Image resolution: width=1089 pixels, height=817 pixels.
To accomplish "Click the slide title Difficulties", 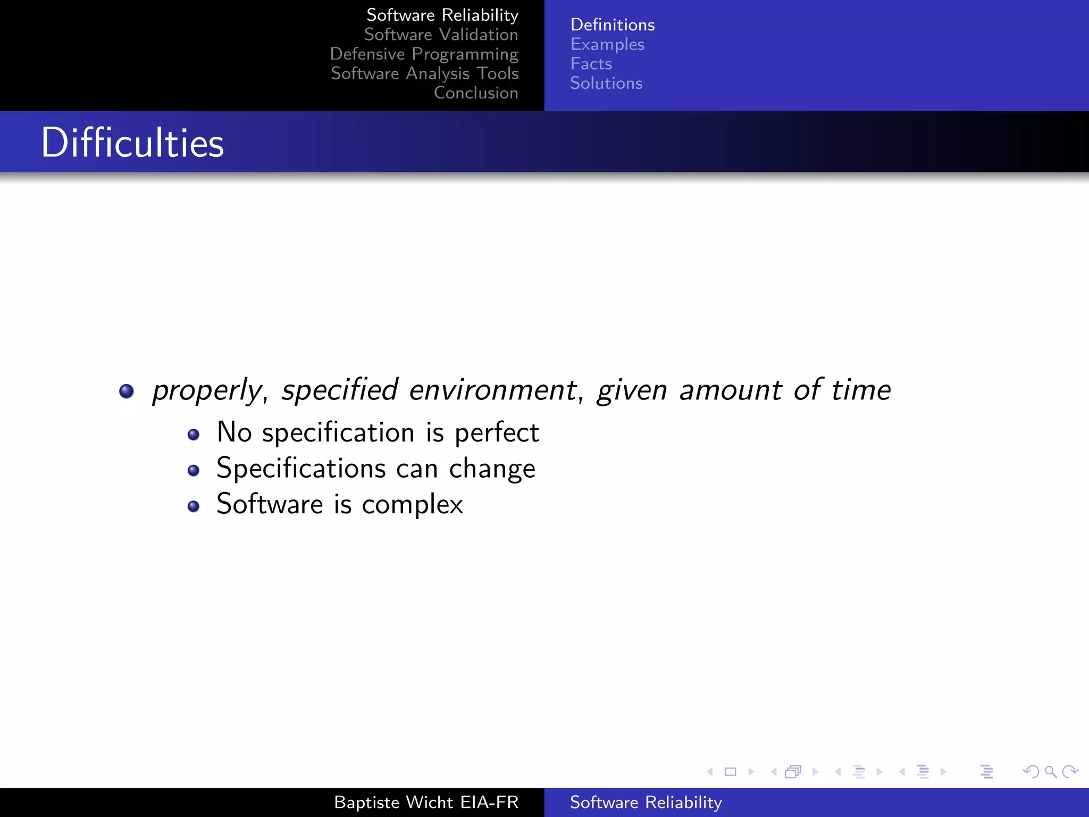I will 132,143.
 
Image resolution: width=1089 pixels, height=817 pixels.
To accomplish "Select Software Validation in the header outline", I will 441,35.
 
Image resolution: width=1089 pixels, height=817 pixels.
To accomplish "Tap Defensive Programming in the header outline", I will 424,54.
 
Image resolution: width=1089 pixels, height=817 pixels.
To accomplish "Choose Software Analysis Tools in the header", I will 424,73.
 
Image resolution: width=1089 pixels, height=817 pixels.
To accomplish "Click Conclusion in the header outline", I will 475,93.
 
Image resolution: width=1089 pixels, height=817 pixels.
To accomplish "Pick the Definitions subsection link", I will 612,25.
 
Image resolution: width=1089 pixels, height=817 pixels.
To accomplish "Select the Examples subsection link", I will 607,45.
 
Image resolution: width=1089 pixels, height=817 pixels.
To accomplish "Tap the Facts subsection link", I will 591,64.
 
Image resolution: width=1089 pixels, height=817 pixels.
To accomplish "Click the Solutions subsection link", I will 606,84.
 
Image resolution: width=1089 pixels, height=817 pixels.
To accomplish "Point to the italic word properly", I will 207,390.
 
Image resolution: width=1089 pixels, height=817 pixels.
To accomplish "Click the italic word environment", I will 493,389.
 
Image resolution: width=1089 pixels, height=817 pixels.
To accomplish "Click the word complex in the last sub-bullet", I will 412,505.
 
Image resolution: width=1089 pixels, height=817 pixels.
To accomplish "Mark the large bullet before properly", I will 127,391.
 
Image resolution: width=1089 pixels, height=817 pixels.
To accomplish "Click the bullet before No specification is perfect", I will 194,435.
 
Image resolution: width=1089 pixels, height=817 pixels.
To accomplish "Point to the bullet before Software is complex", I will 194,506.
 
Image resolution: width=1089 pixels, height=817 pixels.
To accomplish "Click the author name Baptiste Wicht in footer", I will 393,802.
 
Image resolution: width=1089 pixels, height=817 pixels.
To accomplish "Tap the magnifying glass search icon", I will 1050,771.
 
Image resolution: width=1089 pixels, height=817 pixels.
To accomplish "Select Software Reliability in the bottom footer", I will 646,802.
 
